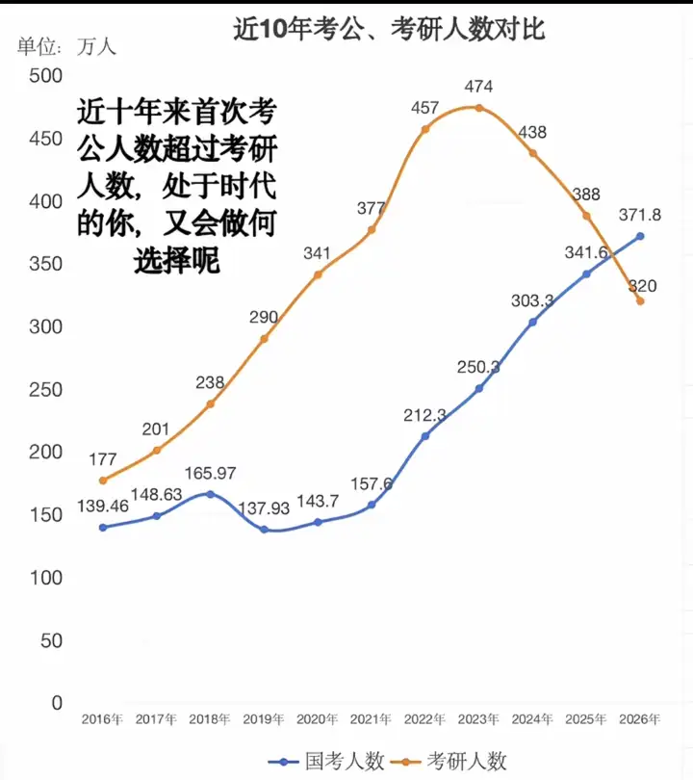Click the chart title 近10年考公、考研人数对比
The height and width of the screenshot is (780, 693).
click(x=390, y=30)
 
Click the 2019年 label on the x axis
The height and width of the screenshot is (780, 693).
click(x=264, y=719)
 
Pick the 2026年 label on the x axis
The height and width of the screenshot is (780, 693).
click(x=639, y=719)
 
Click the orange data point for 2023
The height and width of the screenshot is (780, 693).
click(x=478, y=108)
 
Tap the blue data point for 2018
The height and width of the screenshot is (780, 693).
click(x=210, y=494)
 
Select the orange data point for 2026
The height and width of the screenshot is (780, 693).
click(x=639, y=301)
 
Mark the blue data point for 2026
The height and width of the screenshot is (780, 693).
click(x=639, y=237)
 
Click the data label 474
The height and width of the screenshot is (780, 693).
click(x=478, y=88)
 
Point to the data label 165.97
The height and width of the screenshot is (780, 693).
click(x=210, y=474)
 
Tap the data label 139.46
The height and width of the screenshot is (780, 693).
click(x=102, y=507)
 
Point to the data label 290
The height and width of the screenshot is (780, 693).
click(x=264, y=318)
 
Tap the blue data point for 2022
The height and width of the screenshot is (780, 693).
click(x=424, y=435)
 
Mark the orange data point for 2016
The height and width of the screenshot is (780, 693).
click(x=102, y=481)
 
